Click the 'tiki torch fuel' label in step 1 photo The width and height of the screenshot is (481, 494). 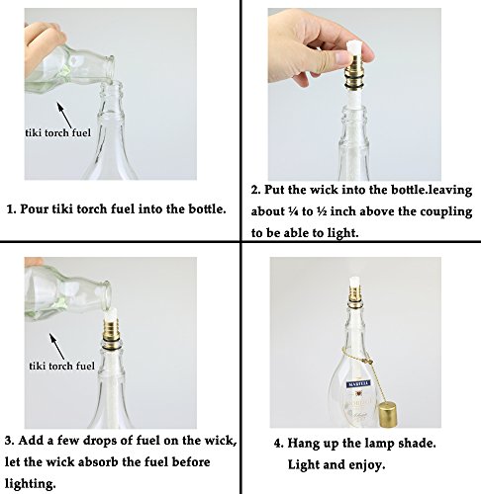click(x=58, y=132)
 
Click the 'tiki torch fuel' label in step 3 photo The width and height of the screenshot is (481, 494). click(x=62, y=366)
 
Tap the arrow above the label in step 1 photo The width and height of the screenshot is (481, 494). click(x=64, y=116)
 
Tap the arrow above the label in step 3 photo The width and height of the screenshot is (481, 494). click(x=57, y=347)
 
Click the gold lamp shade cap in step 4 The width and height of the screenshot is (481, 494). click(x=387, y=415)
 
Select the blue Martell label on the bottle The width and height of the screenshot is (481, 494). click(x=358, y=384)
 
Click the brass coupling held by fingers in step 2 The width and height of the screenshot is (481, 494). click(x=354, y=75)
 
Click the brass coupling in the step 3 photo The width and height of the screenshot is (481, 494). click(x=111, y=333)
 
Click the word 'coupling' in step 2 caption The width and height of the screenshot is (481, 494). click(x=447, y=211)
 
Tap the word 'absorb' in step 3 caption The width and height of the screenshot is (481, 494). click(x=98, y=461)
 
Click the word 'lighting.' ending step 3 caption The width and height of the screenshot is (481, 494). click(x=30, y=484)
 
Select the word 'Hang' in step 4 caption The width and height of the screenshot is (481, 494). click(x=302, y=444)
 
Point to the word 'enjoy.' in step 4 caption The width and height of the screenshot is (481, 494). click(x=367, y=465)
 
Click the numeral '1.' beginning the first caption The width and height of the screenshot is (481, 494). click(x=12, y=209)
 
